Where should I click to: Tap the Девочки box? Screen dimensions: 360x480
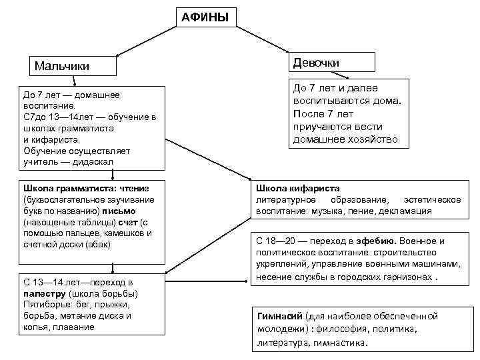tap(329, 62)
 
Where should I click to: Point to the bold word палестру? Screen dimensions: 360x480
tap(44, 293)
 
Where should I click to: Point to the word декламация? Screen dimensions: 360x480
tap(405, 211)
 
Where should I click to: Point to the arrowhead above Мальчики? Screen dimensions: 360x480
tap(117, 55)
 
